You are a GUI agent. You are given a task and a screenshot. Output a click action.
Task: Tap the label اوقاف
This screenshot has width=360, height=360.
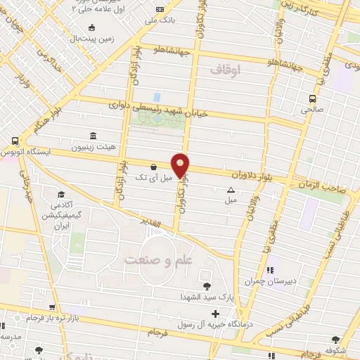225,70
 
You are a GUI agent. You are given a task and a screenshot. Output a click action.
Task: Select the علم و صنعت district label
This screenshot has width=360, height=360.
158,261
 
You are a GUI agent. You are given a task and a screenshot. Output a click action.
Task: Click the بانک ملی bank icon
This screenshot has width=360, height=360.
160,9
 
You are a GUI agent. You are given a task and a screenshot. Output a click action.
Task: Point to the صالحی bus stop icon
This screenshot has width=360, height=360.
312,98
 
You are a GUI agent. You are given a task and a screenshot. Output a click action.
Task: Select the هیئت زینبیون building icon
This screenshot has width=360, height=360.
93,136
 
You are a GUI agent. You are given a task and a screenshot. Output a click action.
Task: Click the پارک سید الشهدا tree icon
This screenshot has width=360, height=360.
207,285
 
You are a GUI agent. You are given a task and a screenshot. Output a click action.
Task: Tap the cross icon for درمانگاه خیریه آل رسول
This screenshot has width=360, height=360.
215,311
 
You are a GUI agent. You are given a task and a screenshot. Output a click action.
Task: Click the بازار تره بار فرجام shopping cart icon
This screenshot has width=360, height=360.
52,307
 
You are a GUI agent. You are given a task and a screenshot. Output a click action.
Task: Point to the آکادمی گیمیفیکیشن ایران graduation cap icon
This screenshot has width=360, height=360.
61,195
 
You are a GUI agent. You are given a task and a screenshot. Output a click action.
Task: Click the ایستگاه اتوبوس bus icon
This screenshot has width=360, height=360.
14,141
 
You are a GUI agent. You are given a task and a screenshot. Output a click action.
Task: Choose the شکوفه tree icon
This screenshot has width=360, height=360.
335,340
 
